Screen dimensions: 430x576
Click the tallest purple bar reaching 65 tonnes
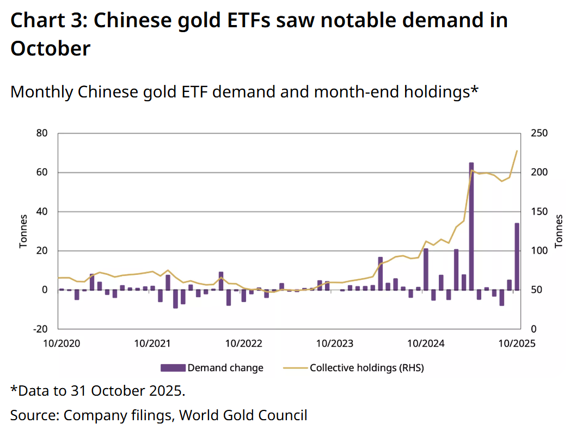click(471, 226)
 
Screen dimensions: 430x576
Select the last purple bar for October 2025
click(517, 256)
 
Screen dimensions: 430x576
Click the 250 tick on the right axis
click(540, 133)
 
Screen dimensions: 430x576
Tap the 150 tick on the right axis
click(540, 212)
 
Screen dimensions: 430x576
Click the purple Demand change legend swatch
click(173, 368)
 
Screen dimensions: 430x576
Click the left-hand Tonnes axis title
click(23, 231)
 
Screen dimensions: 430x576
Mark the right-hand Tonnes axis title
click(559, 231)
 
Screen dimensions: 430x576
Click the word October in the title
click(50, 49)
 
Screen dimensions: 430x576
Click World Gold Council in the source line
click(243, 415)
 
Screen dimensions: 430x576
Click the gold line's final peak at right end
click(516, 151)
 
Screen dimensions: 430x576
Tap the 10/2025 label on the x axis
click(517, 343)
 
